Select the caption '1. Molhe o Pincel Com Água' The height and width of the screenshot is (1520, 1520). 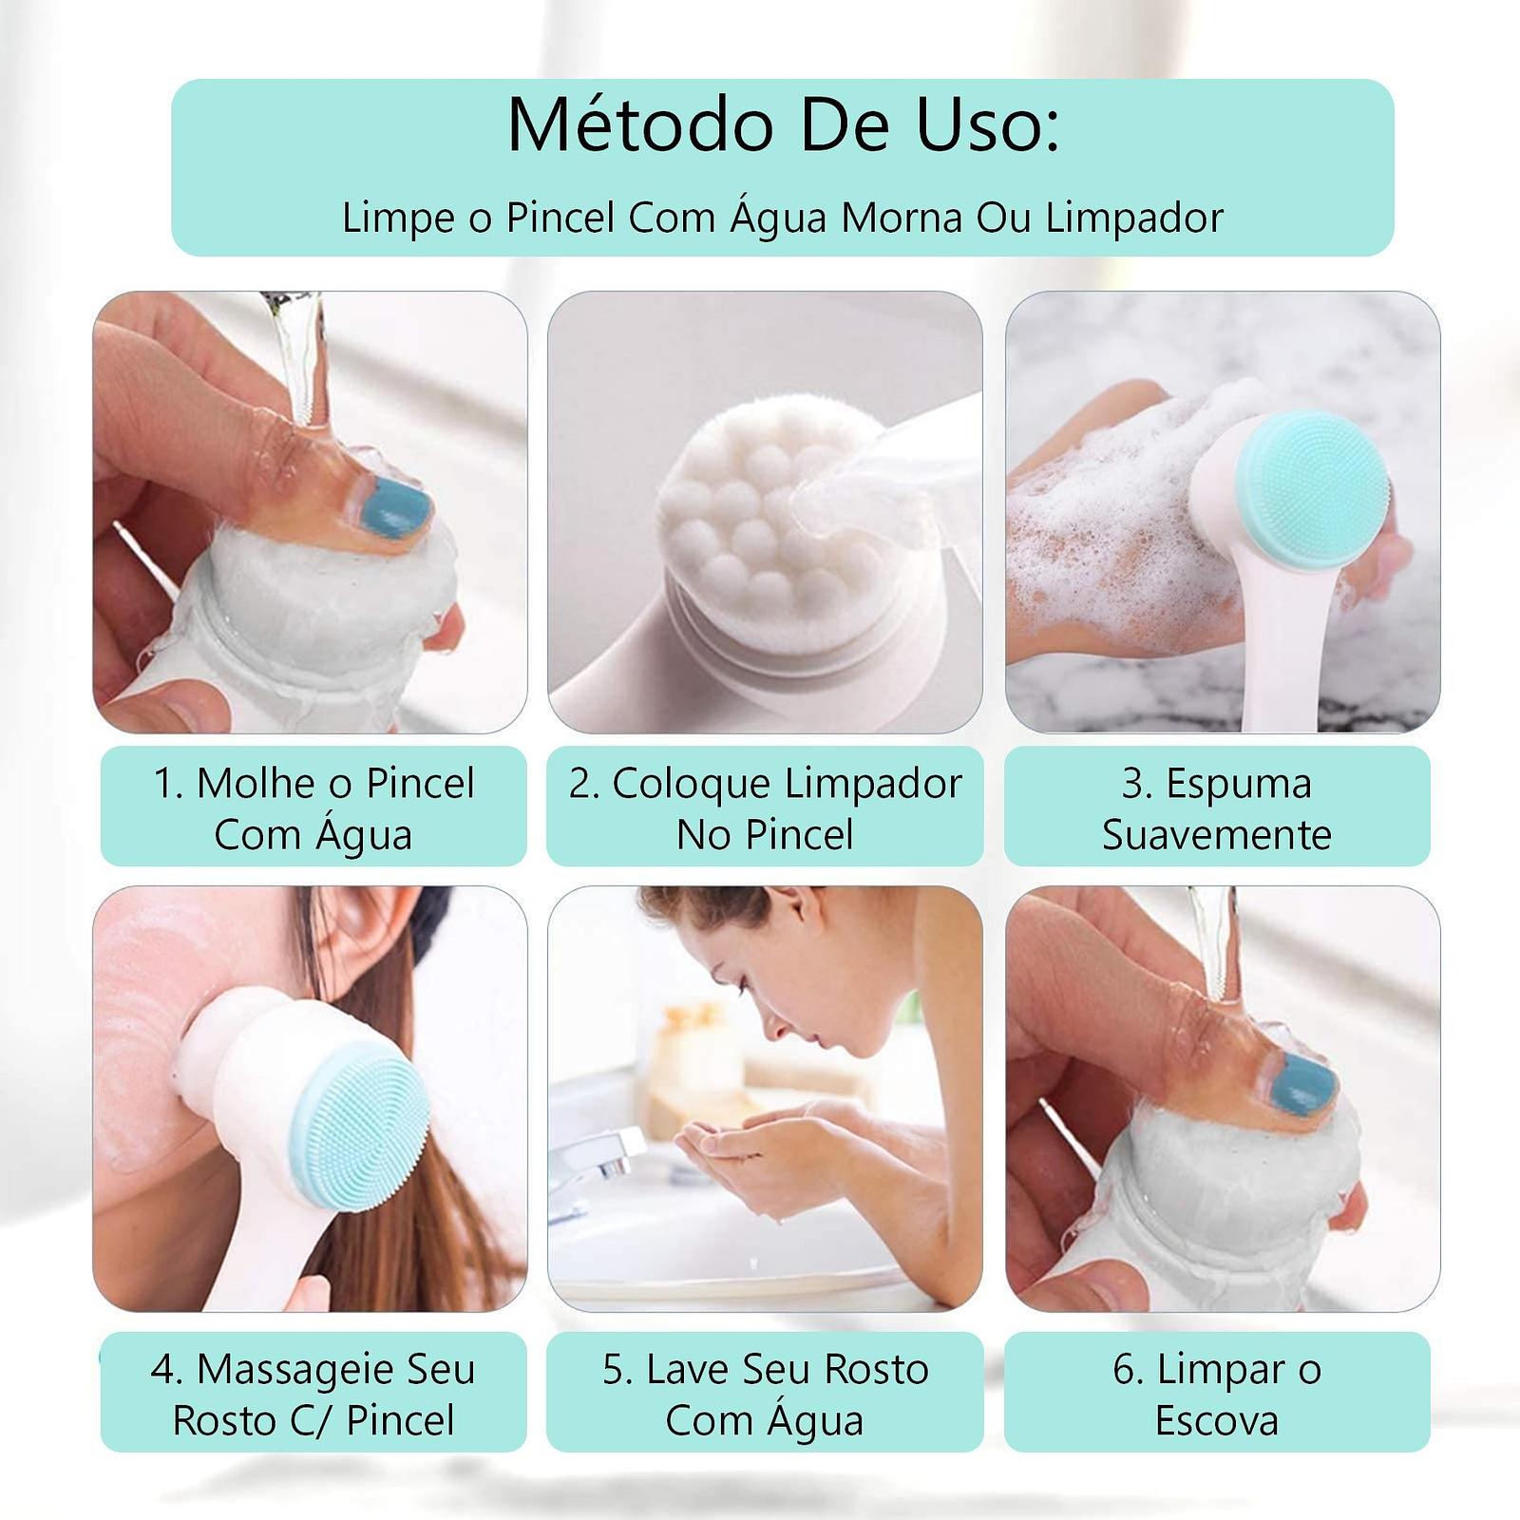313,808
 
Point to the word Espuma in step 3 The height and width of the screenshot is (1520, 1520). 1239,785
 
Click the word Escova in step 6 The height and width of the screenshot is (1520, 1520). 1217,1421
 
